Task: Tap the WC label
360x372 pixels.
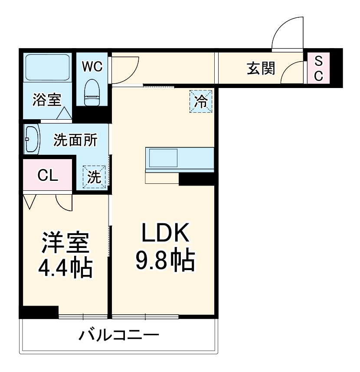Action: [x=92, y=66]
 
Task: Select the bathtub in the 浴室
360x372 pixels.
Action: [x=47, y=67]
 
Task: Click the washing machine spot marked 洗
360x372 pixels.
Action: [x=95, y=177]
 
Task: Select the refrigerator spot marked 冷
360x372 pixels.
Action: [x=201, y=101]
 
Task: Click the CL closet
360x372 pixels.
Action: [x=47, y=175]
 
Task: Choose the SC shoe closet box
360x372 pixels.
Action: [x=318, y=69]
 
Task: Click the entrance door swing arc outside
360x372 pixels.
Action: [x=286, y=33]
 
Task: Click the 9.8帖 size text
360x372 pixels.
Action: [x=164, y=260]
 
